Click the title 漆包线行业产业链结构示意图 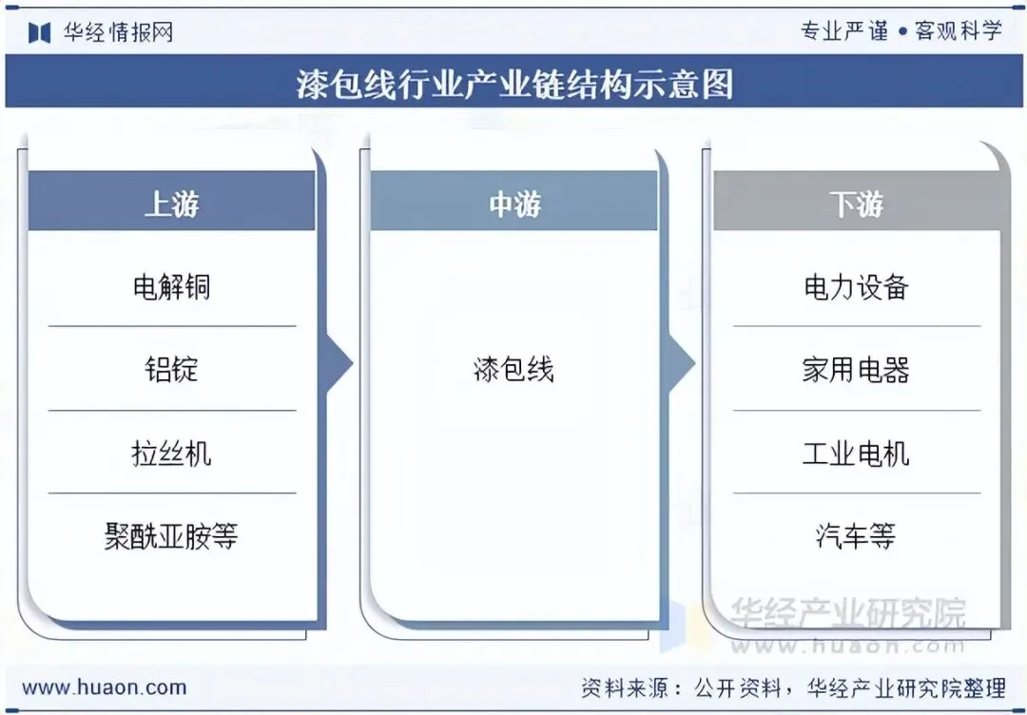[513, 84]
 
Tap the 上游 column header [171, 203]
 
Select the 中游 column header [513, 203]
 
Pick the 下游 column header [856, 203]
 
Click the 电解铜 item [171, 286]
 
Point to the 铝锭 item [171, 369]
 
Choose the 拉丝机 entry [171, 453]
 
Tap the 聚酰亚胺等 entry [171, 536]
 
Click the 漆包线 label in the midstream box [513, 369]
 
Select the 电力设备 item [856, 286]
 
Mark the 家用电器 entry [856, 369]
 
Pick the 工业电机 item [856, 453]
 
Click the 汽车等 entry [856, 536]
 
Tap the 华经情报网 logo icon [39, 32]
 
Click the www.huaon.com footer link [105, 686]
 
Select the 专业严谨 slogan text [844, 31]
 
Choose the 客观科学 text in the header [959, 31]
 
